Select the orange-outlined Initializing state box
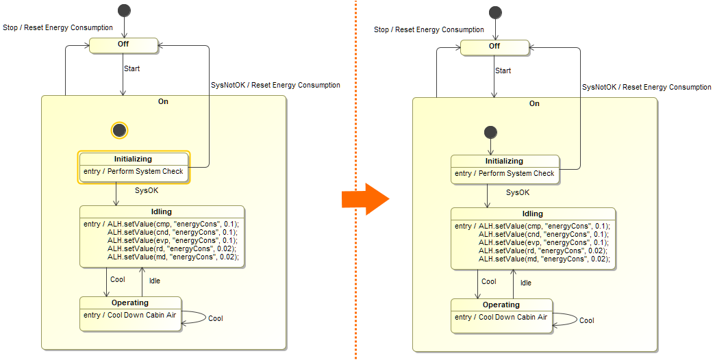click(134, 166)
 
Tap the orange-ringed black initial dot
click(119, 130)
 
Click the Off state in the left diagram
click(123, 44)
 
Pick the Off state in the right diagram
click(494, 47)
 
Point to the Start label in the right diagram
click(503, 70)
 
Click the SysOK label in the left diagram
click(147, 190)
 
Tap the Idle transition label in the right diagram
click(525, 283)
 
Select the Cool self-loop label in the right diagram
click(586, 320)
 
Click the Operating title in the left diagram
click(130, 303)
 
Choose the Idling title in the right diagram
click(532, 214)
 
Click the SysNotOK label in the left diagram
click(227, 85)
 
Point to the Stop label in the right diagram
click(382, 29)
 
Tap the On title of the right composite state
click(534, 103)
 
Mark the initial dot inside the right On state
click(490, 132)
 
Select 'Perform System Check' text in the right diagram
click(516, 173)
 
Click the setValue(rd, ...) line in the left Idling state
click(173, 248)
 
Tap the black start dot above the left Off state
click(124, 10)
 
